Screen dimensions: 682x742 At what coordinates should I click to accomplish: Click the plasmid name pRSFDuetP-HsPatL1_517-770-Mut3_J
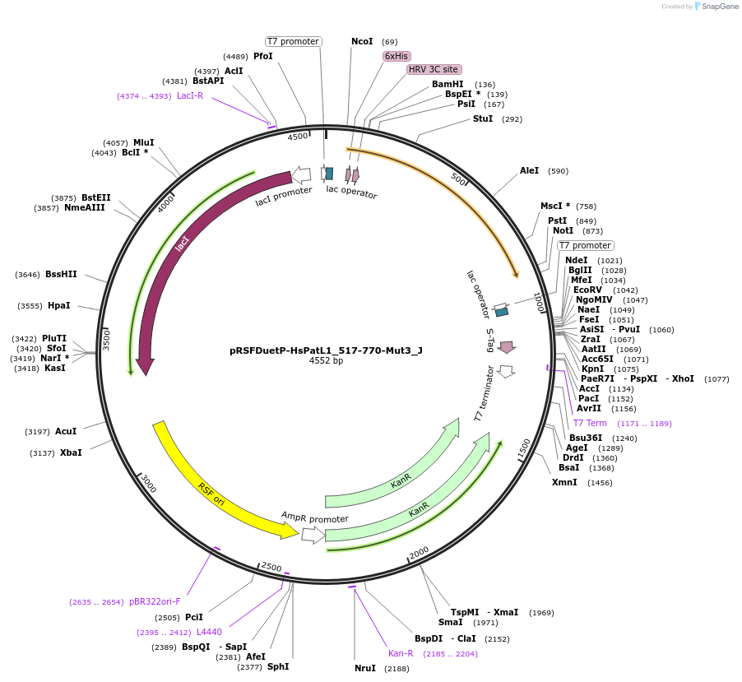(326, 350)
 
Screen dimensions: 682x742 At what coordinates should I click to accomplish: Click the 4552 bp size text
(326, 361)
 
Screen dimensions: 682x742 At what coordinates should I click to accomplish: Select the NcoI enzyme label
(362, 41)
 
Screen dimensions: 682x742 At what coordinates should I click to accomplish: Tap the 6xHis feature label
(397, 56)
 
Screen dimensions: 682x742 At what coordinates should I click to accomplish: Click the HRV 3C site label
(434, 69)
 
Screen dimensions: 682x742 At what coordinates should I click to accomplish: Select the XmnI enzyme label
(564, 482)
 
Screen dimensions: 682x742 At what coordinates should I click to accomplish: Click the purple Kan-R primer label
(401, 653)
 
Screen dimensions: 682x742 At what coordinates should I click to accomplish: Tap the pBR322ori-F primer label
(154, 601)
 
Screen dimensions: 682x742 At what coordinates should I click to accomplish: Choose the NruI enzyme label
(365, 668)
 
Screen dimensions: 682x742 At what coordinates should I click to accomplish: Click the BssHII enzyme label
(61, 274)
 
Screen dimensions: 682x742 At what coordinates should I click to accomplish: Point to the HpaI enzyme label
(59, 305)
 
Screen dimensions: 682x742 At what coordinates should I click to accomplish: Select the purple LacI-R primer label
(190, 95)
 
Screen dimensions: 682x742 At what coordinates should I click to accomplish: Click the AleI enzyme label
(529, 170)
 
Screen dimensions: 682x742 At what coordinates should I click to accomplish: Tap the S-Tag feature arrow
(507, 347)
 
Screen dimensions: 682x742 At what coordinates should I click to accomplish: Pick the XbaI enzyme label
(71, 452)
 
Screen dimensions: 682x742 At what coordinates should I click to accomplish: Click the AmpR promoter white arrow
(313, 535)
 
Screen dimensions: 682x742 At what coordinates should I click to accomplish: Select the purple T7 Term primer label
(590, 423)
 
